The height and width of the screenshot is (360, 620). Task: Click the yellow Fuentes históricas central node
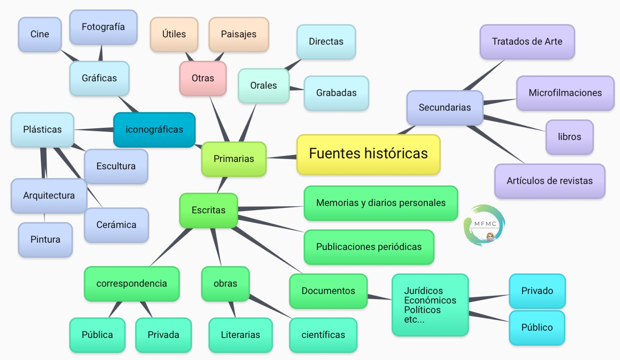tap(368, 154)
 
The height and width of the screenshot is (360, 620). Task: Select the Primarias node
tap(234, 159)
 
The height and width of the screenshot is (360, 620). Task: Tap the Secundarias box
tap(444, 108)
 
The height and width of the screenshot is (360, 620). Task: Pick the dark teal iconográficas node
tap(154, 130)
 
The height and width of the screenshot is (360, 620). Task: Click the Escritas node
tap(208, 210)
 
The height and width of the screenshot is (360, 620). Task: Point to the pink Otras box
tap(203, 78)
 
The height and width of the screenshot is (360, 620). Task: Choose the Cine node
tap(40, 34)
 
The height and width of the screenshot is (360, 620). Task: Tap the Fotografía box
tap(103, 27)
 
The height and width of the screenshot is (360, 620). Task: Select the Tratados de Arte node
tap(527, 41)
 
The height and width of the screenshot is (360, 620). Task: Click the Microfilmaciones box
tap(565, 93)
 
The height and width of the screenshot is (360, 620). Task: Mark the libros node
tap(569, 137)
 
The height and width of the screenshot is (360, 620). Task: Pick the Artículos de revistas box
tap(550, 181)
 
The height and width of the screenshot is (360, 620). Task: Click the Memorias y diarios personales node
tap(381, 203)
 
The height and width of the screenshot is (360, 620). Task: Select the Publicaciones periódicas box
tap(369, 247)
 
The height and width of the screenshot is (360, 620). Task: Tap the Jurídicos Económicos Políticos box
tap(430, 305)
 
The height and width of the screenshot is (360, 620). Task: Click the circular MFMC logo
tap(485, 225)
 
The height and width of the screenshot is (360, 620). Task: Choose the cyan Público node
tap(537, 328)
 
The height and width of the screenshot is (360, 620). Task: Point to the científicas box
tap(323, 335)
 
